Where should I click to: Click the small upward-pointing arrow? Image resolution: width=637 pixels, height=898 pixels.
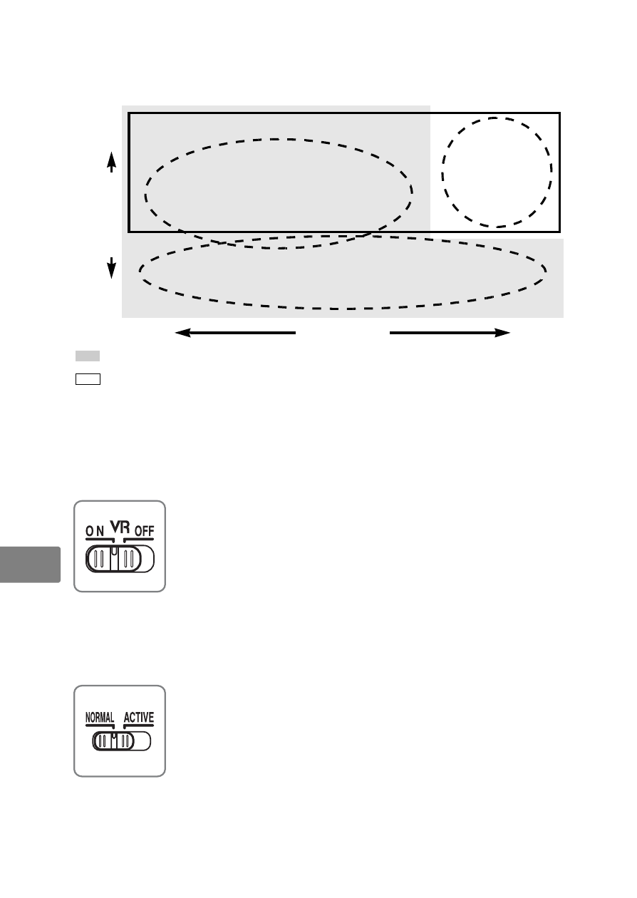[111, 162]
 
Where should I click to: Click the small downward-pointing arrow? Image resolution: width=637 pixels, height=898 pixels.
[111, 268]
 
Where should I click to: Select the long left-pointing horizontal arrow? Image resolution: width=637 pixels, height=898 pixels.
[235, 333]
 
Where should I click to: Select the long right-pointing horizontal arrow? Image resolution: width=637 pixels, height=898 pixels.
[450, 333]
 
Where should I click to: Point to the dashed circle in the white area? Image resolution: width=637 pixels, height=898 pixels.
[442, 173]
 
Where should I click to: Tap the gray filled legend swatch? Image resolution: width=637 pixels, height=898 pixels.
[88, 356]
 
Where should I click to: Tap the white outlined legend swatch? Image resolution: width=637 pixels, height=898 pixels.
[88, 379]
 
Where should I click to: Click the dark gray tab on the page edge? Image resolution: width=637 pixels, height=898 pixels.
[30, 564]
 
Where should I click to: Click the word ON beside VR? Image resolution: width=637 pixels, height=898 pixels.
[95, 532]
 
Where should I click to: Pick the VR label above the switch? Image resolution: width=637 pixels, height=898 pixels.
[120, 527]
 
